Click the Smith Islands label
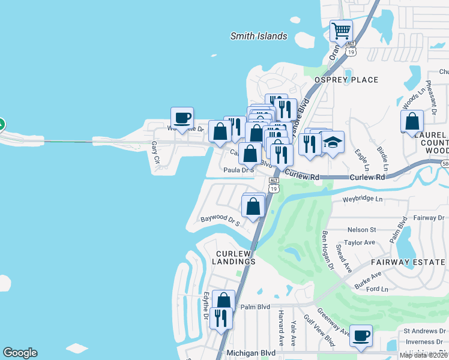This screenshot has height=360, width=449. click(x=259, y=37)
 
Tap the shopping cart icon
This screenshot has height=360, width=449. click(x=341, y=30)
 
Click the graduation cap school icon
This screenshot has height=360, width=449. click(x=332, y=142)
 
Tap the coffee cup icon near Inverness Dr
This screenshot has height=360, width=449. click(x=360, y=336)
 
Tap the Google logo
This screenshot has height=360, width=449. click(x=19, y=353)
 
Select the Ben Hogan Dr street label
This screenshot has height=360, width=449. click(x=327, y=249)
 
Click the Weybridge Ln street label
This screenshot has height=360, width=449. click(x=362, y=198)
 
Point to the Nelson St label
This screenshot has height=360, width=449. click(x=361, y=229)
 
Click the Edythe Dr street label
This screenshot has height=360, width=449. click(x=206, y=305)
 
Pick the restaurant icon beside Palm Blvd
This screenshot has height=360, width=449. click(x=221, y=317)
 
